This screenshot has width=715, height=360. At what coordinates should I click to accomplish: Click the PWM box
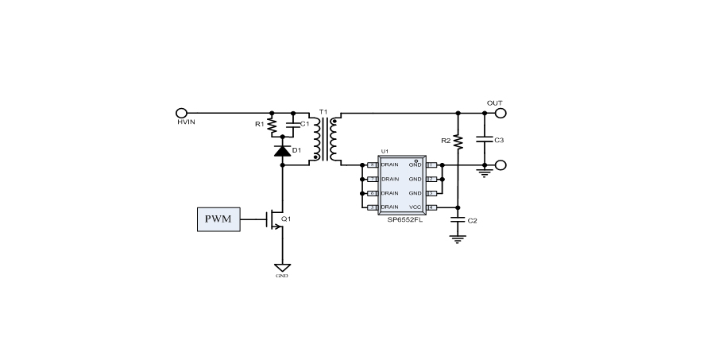click(218, 219)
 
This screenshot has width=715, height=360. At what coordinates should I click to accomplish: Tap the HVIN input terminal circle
click(181, 114)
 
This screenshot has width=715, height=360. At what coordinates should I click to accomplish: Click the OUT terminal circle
click(500, 114)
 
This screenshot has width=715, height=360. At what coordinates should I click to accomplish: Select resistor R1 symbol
click(272, 125)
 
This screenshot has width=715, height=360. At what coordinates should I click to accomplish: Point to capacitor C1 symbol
click(294, 125)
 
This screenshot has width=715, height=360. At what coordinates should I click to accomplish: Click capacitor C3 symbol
click(484, 140)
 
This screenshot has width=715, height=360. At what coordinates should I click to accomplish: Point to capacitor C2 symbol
click(457, 219)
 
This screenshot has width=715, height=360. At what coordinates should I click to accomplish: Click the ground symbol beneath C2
click(457, 238)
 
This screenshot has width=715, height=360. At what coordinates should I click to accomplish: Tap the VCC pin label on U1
click(415, 207)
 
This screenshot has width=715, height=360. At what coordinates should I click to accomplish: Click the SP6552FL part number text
click(400, 220)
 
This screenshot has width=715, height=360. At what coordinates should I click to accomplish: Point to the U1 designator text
click(385, 151)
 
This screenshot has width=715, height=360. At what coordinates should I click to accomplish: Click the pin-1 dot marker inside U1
click(416, 160)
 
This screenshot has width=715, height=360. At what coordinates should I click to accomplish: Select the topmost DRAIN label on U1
click(389, 165)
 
